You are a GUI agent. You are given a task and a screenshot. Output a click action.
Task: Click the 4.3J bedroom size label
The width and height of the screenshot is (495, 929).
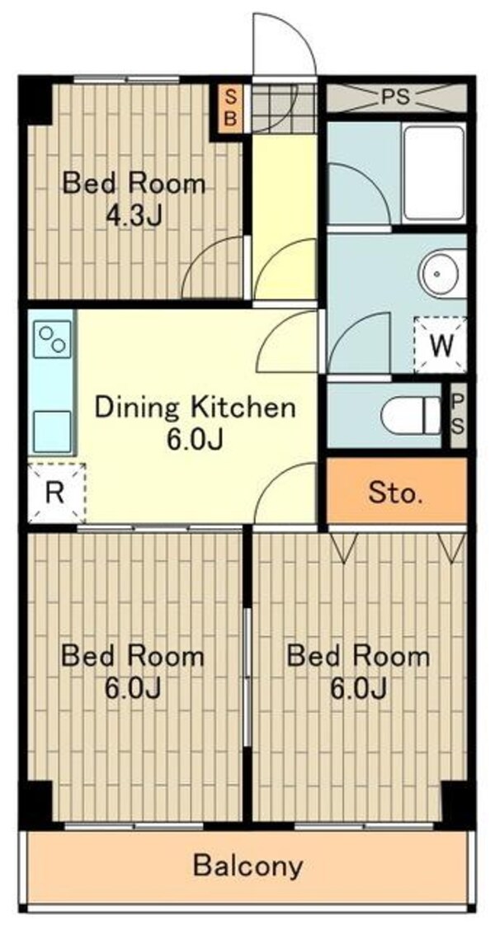(x=134, y=216)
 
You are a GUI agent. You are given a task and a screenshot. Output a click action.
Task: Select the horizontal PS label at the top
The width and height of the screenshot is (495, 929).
(x=395, y=97)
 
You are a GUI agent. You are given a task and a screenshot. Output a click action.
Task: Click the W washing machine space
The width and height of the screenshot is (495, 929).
(x=440, y=346)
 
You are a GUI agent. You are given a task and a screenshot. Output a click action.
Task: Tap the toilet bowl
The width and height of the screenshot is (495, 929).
(x=411, y=415)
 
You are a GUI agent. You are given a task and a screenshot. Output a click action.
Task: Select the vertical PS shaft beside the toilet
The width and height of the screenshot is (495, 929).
(x=458, y=415)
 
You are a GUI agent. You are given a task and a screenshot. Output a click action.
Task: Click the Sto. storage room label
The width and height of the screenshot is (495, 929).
(x=396, y=492)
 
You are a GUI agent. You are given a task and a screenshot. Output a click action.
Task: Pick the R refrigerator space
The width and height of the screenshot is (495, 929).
(x=55, y=493)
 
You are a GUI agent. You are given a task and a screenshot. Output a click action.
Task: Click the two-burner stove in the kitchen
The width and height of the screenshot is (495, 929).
(x=52, y=338)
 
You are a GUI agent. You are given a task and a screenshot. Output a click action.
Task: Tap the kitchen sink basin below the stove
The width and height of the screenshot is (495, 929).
(x=52, y=431)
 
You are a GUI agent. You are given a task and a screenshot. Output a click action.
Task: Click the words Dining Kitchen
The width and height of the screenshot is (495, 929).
(x=195, y=408)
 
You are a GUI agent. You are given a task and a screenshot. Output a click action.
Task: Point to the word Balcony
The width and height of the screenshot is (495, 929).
(x=247, y=866)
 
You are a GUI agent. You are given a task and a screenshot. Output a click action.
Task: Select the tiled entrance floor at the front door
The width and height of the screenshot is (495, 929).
(x=284, y=108)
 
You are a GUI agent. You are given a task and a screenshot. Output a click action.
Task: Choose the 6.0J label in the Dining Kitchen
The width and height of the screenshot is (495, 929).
(x=195, y=440)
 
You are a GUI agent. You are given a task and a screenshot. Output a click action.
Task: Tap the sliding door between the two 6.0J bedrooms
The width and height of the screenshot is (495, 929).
(x=247, y=676)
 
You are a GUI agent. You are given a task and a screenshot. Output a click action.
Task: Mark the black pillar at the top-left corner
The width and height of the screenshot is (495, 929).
(x=36, y=100)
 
